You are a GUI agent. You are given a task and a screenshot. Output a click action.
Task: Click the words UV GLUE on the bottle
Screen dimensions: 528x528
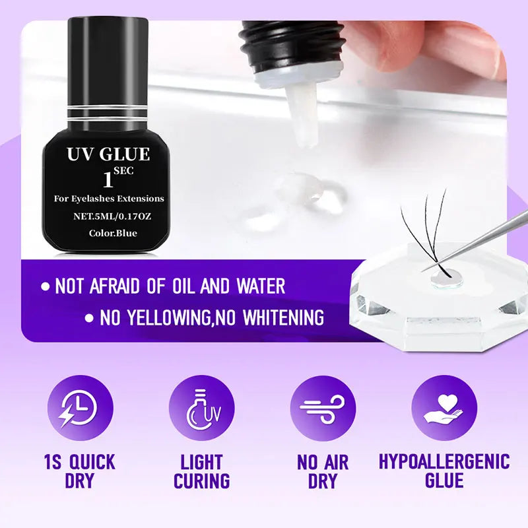108,155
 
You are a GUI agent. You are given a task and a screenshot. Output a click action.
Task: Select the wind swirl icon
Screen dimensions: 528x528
323,408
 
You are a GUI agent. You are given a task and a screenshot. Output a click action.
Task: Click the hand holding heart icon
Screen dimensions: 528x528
444,408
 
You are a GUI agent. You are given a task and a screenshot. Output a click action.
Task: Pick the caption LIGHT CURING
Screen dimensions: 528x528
201,471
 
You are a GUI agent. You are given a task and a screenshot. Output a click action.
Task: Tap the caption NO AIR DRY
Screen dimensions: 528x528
323,471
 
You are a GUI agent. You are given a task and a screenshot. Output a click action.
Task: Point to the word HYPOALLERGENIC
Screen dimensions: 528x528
444,461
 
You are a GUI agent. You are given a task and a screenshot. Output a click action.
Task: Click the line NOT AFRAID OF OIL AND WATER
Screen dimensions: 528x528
170,286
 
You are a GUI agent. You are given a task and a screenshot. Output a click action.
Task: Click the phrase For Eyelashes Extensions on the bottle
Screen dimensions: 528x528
109,198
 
